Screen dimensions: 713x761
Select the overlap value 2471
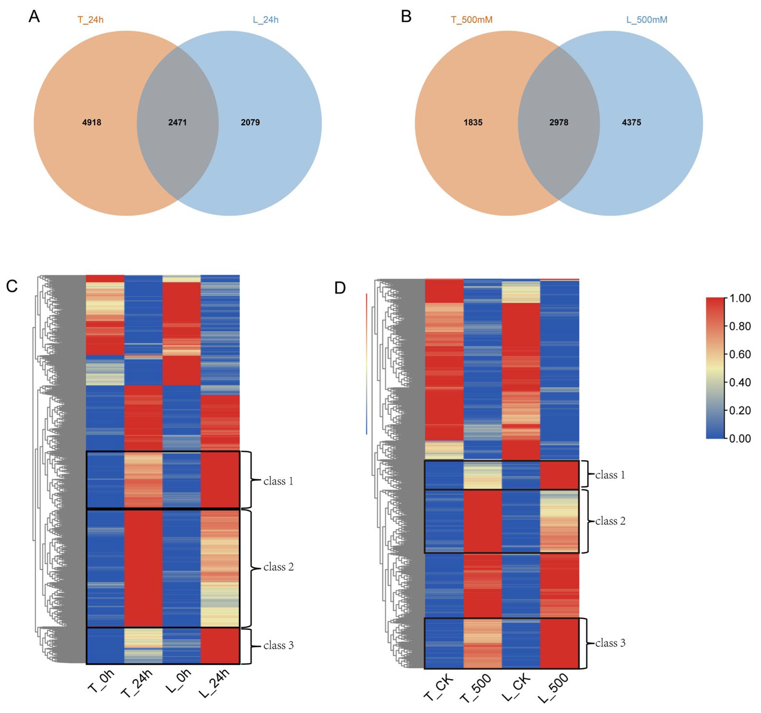[177, 122]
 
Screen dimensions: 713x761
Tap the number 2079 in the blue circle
[250, 122]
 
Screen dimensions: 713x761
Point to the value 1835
[473, 122]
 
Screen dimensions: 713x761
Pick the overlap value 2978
[559, 122]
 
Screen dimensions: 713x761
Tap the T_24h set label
[90, 20]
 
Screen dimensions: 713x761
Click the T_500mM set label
[471, 20]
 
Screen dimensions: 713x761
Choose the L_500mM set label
[647, 20]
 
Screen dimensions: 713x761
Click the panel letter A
[34, 16]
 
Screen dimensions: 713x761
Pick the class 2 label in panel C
[278, 567]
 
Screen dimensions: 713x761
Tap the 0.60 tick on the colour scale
[739, 354]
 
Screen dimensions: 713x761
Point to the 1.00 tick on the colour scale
[739, 298]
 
